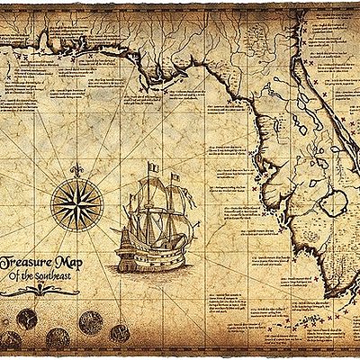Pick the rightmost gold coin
coord(120,334)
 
